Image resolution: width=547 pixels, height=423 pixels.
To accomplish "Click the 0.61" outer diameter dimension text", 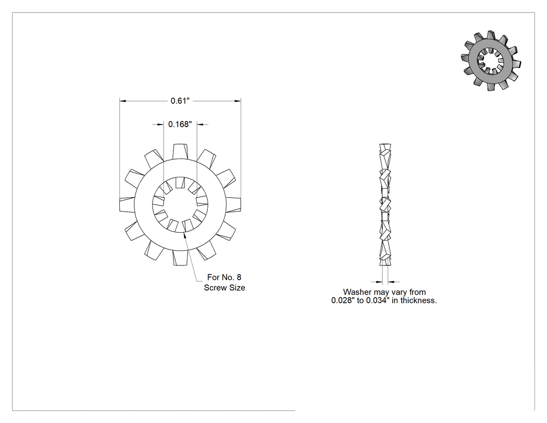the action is point(180,101).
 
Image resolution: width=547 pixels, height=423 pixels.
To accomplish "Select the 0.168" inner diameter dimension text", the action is point(180,124).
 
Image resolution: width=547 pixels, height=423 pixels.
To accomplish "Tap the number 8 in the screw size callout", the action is point(239,277).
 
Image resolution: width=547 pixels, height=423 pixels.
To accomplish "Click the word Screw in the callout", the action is point(214,288).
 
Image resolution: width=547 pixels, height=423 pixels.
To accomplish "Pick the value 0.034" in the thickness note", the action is point(378,300).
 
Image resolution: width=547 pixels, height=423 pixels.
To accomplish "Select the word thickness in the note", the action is point(418,300).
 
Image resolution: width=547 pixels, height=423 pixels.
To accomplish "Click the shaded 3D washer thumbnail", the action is point(491,61).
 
